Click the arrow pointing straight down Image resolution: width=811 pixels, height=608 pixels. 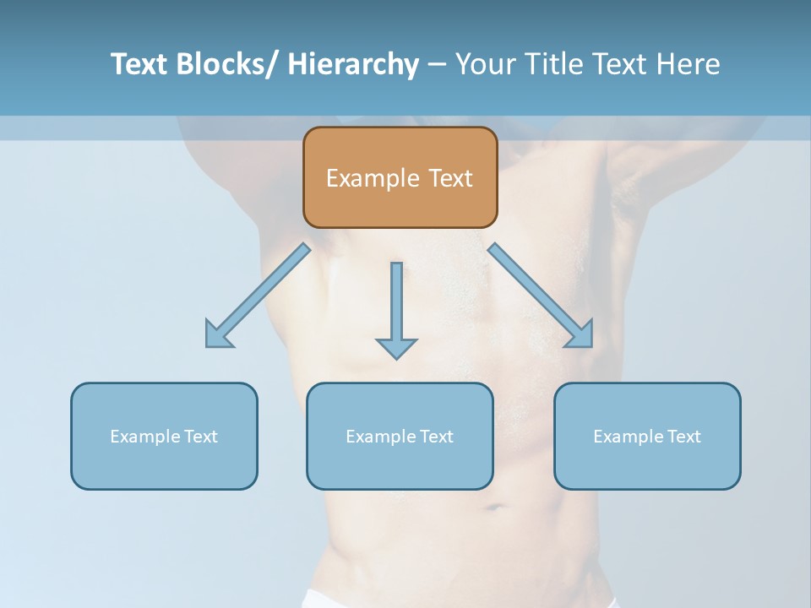pos(396,312)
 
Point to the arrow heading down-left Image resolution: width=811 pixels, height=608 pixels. pos(253,299)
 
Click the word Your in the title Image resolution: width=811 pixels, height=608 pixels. pos(486,64)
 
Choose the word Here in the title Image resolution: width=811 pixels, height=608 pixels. pos(689,64)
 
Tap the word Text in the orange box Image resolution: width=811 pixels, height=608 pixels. pos(450,178)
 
